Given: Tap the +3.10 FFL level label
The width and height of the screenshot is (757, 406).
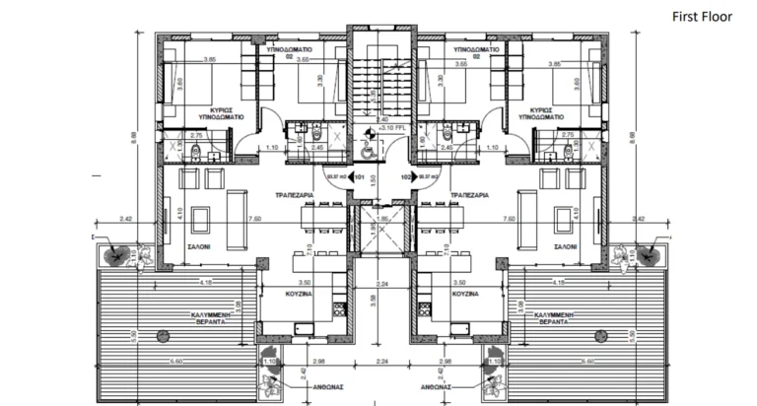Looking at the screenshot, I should point(393,128).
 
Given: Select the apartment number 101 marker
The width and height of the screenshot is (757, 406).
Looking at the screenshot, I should point(359,178).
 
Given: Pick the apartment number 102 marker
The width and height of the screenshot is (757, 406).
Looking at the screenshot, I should point(404,178).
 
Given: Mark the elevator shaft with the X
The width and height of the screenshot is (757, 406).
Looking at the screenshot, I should point(381,226).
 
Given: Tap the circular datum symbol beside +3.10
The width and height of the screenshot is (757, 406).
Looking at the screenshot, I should point(371,128).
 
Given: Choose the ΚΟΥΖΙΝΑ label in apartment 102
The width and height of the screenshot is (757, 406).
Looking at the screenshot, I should point(463,294).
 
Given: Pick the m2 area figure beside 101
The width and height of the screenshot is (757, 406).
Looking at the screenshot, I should point(339,178).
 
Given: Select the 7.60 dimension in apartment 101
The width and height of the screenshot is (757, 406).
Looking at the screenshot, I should point(254,218).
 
